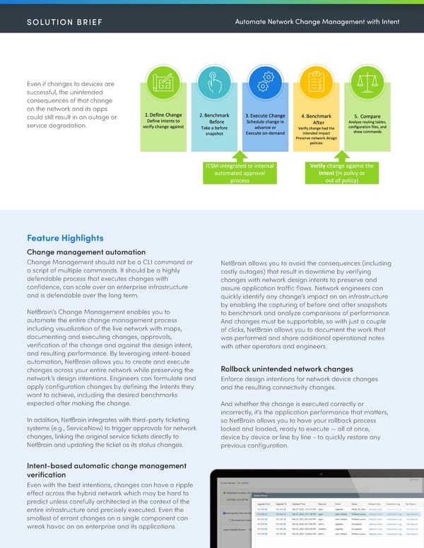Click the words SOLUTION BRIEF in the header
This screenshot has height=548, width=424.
point(65,22)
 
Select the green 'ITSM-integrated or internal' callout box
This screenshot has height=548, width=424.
point(240,173)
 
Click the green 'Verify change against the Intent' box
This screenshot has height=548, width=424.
point(341,173)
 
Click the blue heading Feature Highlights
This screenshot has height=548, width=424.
point(65,238)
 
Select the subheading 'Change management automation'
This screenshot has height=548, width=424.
point(86,252)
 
